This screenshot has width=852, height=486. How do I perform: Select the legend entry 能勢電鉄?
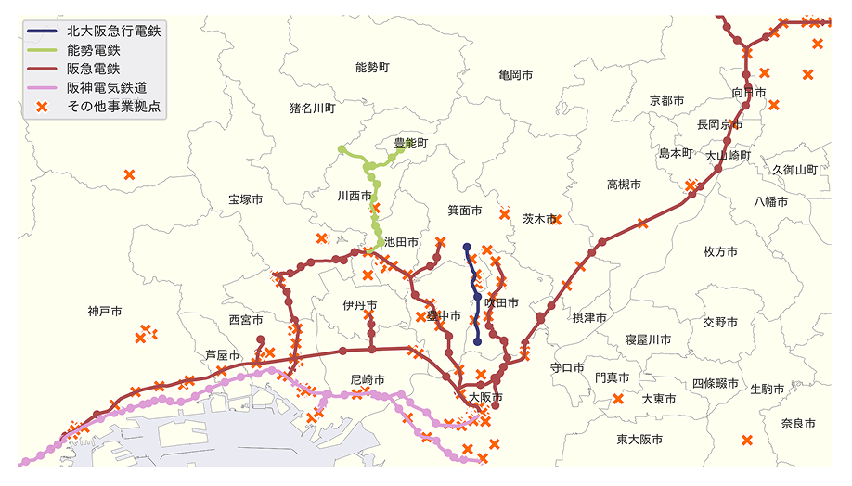click(x=93, y=50)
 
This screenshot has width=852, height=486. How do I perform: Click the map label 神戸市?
click(x=105, y=311)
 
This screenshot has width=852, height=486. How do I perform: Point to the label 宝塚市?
click(x=245, y=199)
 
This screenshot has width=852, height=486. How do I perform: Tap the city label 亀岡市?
click(x=514, y=74)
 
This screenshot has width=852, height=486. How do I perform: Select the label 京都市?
click(x=666, y=100)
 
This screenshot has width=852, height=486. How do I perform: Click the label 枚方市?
click(x=720, y=251)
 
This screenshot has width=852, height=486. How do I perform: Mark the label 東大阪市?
click(x=639, y=439)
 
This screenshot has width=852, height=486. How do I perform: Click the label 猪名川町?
click(x=312, y=109)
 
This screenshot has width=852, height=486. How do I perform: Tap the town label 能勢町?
click(x=372, y=67)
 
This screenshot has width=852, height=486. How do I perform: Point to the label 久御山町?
click(x=794, y=170)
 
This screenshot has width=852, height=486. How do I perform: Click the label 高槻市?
click(x=624, y=185)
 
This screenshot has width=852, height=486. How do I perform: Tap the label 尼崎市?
click(x=368, y=379)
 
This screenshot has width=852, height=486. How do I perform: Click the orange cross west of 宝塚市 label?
click(x=129, y=174)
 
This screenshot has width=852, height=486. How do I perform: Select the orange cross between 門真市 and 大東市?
click(x=618, y=400)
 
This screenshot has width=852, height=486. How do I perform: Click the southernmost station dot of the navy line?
click(x=477, y=341)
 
